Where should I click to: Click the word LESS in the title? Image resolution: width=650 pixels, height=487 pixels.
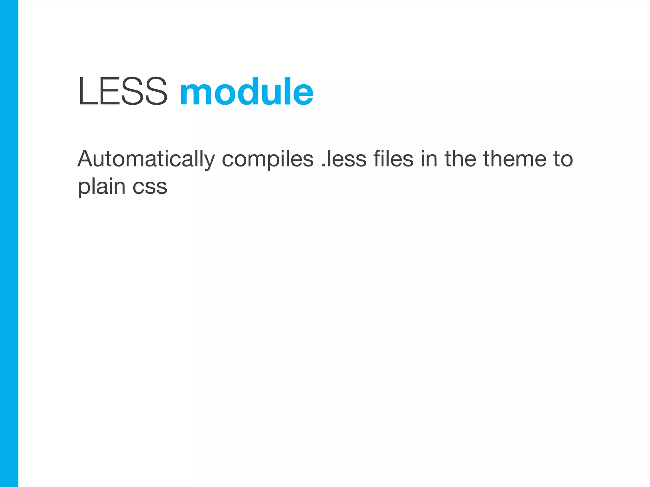(123, 92)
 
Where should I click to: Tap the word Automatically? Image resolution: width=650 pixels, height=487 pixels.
(146, 159)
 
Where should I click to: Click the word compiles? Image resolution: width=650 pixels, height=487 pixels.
(268, 159)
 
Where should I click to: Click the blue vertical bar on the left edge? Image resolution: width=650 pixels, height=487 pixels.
(9, 243)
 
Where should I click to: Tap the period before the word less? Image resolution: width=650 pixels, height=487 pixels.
(323, 165)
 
